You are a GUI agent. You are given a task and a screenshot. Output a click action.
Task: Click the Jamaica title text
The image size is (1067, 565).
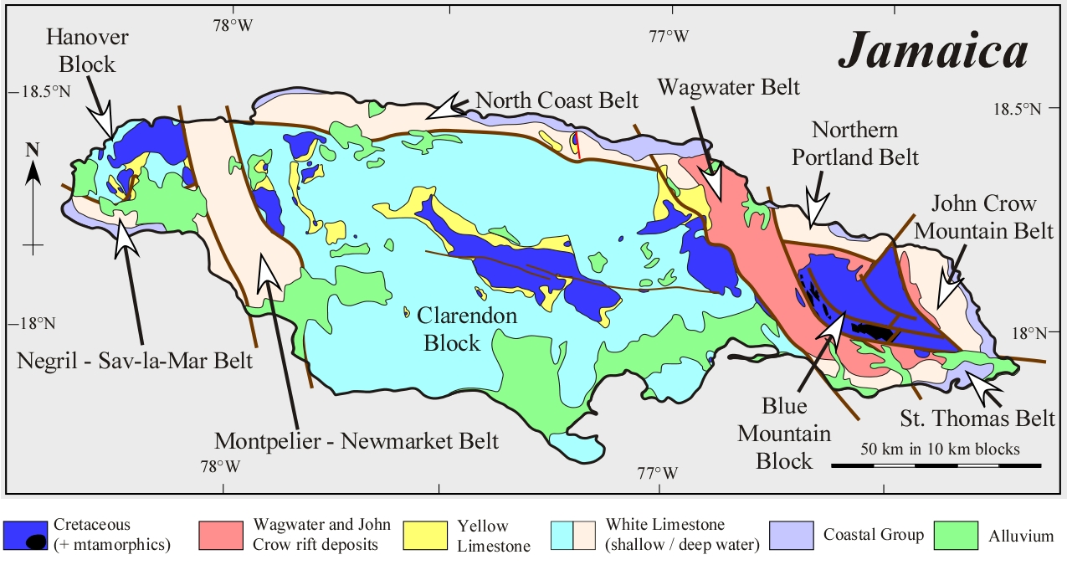[x=933, y=51]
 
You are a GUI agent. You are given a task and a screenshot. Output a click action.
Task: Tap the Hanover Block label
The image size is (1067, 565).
[x=81, y=50]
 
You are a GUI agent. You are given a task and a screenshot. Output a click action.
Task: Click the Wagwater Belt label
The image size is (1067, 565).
[x=728, y=86]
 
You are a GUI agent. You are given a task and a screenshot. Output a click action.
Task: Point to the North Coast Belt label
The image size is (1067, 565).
[x=557, y=100]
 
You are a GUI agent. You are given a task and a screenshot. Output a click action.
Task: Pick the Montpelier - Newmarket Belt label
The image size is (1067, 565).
[x=357, y=440]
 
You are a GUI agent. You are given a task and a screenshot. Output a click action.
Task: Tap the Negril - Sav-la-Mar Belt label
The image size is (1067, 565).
[x=134, y=361]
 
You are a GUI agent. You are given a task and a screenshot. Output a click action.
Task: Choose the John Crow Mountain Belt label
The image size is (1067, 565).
[x=983, y=216]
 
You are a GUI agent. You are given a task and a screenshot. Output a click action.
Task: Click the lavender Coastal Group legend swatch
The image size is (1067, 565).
[x=791, y=536]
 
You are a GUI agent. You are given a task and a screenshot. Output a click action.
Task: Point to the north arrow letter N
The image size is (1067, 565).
[x=33, y=149]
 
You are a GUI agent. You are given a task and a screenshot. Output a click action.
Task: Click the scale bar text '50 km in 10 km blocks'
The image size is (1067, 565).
[x=940, y=449]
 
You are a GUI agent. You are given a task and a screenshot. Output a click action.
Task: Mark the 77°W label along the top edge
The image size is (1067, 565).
[x=669, y=36]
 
